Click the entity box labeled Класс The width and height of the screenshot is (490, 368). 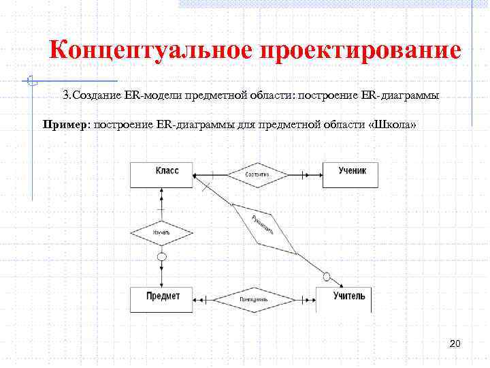[162, 174]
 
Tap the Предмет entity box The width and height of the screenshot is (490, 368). [162, 299]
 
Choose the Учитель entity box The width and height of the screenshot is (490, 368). [344, 299]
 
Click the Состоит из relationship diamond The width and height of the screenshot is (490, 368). [257, 175]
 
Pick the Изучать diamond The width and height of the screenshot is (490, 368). [161, 233]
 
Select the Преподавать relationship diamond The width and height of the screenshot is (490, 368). [253, 299]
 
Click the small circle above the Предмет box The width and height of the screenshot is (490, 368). [162, 257]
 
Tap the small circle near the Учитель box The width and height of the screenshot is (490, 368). [327, 276]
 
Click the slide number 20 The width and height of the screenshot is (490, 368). [455, 343]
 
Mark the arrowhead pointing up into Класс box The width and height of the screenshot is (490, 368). [162, 191]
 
